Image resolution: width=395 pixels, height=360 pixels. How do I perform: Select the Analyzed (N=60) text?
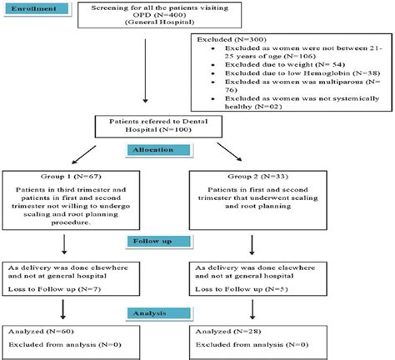click(42, 331)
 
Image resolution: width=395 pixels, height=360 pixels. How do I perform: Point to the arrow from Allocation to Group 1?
click(112, 155)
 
